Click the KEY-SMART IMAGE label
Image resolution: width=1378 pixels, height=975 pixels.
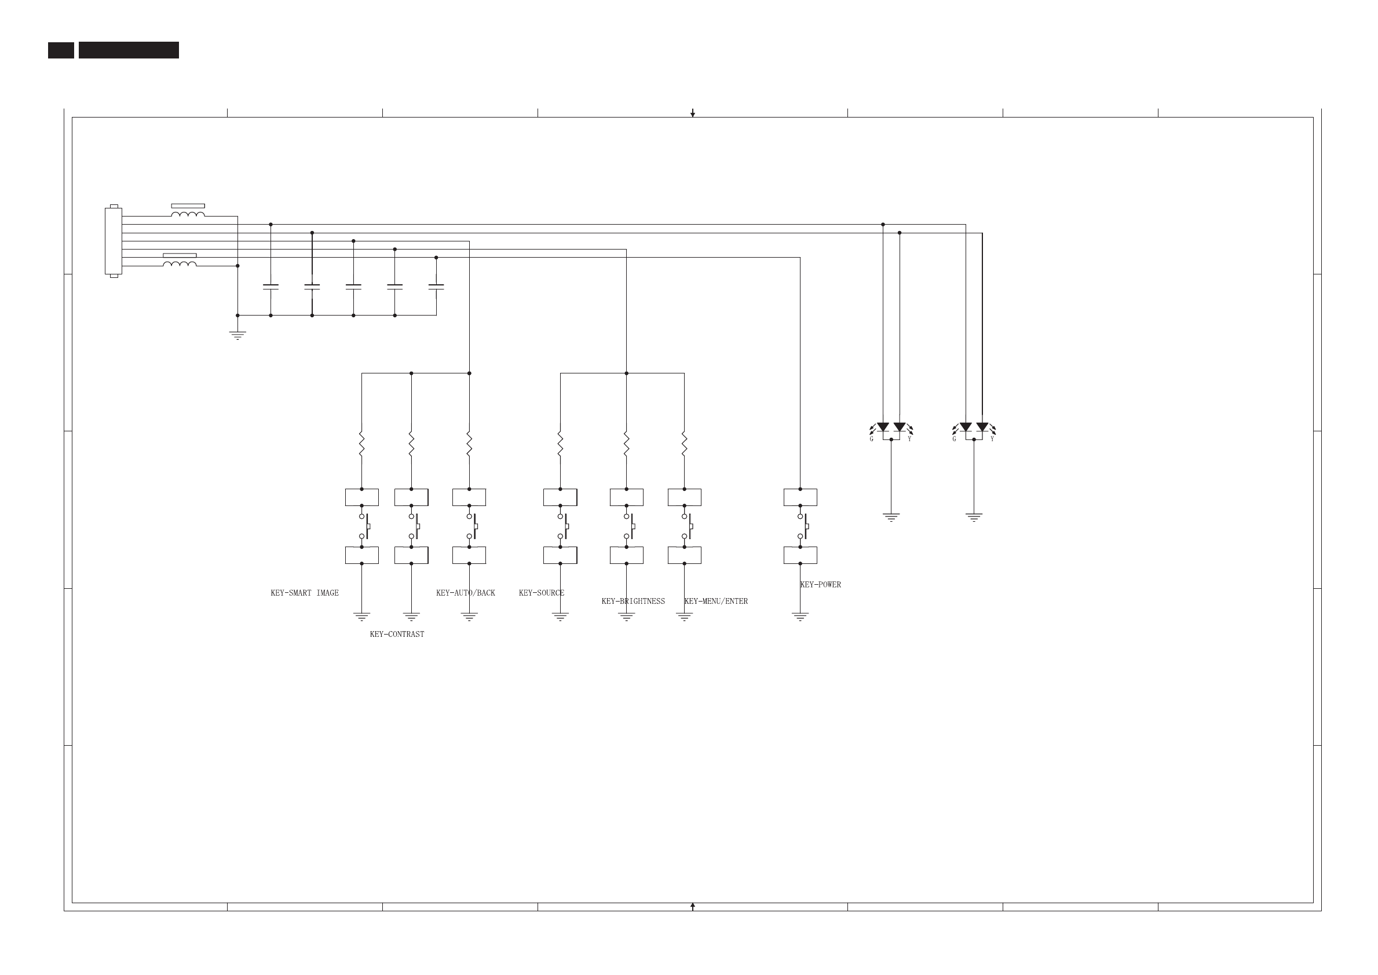pos(305,593)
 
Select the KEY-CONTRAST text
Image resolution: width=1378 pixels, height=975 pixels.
pos(396,634)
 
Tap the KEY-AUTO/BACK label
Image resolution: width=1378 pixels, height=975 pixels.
pos(466,593)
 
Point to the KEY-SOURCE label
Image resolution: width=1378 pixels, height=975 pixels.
pos(541,593)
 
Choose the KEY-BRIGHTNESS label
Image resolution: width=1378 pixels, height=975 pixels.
pos(633,602)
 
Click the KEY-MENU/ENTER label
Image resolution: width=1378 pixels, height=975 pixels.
pos(716,602)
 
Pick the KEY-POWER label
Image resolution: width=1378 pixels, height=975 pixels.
pos(821,585)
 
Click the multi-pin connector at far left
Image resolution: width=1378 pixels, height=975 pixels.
pos(114,241)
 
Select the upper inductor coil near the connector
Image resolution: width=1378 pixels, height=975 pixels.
pos(188,214)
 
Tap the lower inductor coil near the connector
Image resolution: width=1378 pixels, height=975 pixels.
pos(180,263)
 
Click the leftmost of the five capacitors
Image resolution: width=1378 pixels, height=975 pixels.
pos(271,287)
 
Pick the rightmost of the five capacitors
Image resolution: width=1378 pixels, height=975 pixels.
pos(436,287)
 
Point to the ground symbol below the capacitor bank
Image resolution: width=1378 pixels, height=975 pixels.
pos(238,335)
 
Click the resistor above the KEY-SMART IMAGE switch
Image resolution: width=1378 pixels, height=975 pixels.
pos(361,444)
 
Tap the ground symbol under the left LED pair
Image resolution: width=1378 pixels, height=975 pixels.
pos(891,517)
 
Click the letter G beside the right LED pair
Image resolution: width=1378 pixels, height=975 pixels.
pos(954,439)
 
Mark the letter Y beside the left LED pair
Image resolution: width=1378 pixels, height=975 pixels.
pos(909,439)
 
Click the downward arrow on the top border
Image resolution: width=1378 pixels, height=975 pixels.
pos(693,113)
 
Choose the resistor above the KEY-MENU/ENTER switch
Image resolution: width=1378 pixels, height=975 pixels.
pos(684,444)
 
